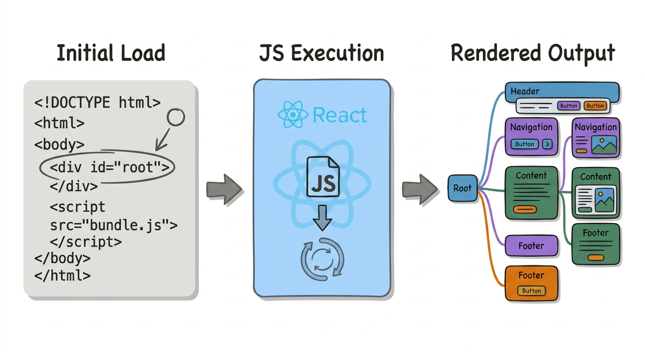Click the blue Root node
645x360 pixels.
462,188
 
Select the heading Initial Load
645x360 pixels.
111,53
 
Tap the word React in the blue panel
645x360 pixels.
340,115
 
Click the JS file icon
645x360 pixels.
323,177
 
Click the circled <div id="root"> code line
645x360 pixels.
109,167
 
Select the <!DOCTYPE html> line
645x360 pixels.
97,102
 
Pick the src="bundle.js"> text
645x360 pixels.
113,225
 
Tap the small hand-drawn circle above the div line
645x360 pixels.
176,117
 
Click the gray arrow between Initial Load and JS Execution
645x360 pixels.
224,189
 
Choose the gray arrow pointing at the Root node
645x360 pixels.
420,189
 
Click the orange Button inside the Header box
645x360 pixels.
595,106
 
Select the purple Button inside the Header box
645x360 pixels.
569,106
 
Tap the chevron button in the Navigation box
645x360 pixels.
547,144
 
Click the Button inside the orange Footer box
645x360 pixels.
532,291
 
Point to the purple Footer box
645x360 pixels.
531,246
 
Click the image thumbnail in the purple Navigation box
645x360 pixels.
604,145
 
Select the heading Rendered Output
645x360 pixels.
532,53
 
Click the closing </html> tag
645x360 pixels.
62,275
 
